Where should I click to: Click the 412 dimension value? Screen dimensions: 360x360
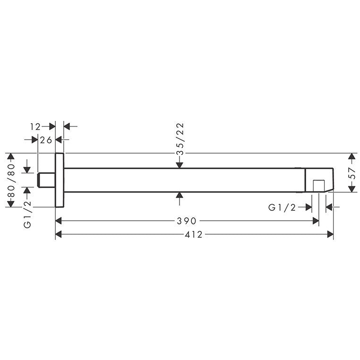click(x=194, y=234)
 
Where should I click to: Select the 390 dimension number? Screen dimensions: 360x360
click(x=187, y=221)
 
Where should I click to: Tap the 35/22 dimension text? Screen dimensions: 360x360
click(x=180, y=139)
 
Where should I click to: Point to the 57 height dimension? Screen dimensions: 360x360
click(x=352, y=173)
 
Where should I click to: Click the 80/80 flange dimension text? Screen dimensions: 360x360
click(x=11, y=180)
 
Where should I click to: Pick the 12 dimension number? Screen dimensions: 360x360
click(x=35, y=127)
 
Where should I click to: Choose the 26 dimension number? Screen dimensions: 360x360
click(x=46, y=140)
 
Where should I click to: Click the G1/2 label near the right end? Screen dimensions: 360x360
click(x=282, y=207)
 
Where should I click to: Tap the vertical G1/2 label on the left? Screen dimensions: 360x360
click(x=27, y=214)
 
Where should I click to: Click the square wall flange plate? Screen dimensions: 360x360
click(x=60, y=180)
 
